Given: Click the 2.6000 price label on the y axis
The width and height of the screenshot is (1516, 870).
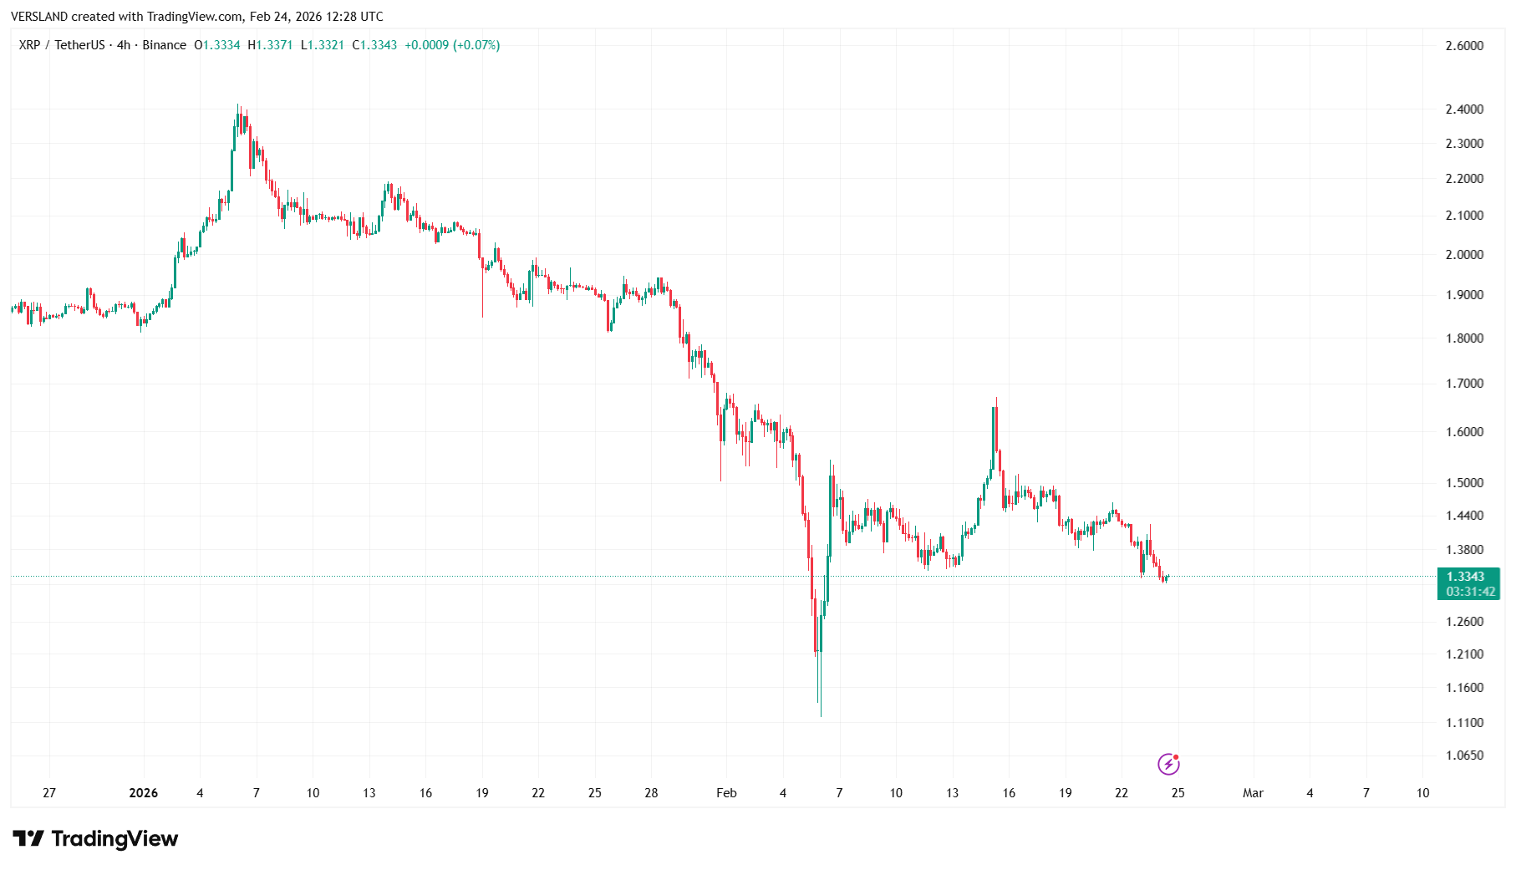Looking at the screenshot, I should tap(1464, 46).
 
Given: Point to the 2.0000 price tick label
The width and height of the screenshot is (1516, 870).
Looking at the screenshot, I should tap(1464, 255).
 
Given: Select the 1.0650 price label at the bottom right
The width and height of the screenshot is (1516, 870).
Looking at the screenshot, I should tap(1464, 756).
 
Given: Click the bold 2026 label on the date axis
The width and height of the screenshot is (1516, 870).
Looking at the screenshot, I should tap(144, 793).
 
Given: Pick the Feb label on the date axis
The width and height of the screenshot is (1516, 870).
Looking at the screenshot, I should tap(726, 793).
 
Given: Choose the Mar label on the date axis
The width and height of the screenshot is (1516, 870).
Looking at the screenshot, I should tap(1253, 793).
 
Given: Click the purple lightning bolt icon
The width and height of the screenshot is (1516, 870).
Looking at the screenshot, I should tap(1168, 764).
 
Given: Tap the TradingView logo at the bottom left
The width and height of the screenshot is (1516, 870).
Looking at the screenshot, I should tap(95, 838).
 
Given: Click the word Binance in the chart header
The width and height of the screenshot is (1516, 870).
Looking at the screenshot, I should tap(164, 45).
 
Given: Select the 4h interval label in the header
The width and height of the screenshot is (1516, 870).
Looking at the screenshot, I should tap(124, 45).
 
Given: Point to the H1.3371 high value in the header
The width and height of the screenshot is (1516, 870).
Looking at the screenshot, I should tap(270, 45).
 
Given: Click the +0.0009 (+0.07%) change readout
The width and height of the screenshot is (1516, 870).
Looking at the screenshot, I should tap(452, 45).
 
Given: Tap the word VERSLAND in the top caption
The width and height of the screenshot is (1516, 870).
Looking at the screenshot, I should tap(39, 17).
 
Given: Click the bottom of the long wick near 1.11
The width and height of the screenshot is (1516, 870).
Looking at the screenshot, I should tap(821, 715).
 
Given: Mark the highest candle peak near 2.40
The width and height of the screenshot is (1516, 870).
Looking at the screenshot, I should tap(237, 106).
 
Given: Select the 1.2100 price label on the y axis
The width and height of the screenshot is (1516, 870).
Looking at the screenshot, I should tap(1464, 654).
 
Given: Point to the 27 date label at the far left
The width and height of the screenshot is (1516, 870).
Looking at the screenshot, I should tap(49, 793).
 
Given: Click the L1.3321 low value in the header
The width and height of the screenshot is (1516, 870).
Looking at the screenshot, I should tap(323, 45).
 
